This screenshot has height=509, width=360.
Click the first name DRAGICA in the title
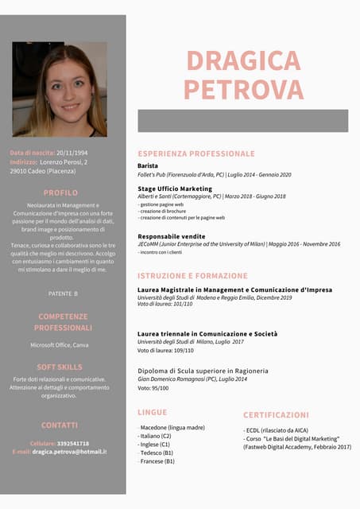click(x=242, y=61)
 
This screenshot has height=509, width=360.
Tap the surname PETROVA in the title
click(x=242, y=89)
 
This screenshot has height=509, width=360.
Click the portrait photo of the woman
click(x=60, y=90)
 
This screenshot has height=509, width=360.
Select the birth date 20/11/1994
click(x=72, y=153)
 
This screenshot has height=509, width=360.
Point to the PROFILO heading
click(x=61, y=192)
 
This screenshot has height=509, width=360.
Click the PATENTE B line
click(x=63, y=293)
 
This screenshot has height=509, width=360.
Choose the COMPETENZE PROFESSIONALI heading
click(x=63, y=322)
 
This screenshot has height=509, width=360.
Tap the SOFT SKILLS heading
click(x=60, y=367)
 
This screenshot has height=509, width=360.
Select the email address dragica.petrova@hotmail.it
click(x=70, y=452)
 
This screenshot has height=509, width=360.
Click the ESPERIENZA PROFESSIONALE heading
click(x=196, y=153)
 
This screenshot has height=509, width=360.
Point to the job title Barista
click(x=148, y=165)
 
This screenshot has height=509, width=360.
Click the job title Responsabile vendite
click(x=171, y=236)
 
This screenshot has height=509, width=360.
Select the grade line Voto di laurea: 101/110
click(x=165, y=304)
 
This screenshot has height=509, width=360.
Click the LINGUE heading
click(x=153, y=412)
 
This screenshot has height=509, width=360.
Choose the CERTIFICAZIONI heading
click(x=276, y=415)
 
